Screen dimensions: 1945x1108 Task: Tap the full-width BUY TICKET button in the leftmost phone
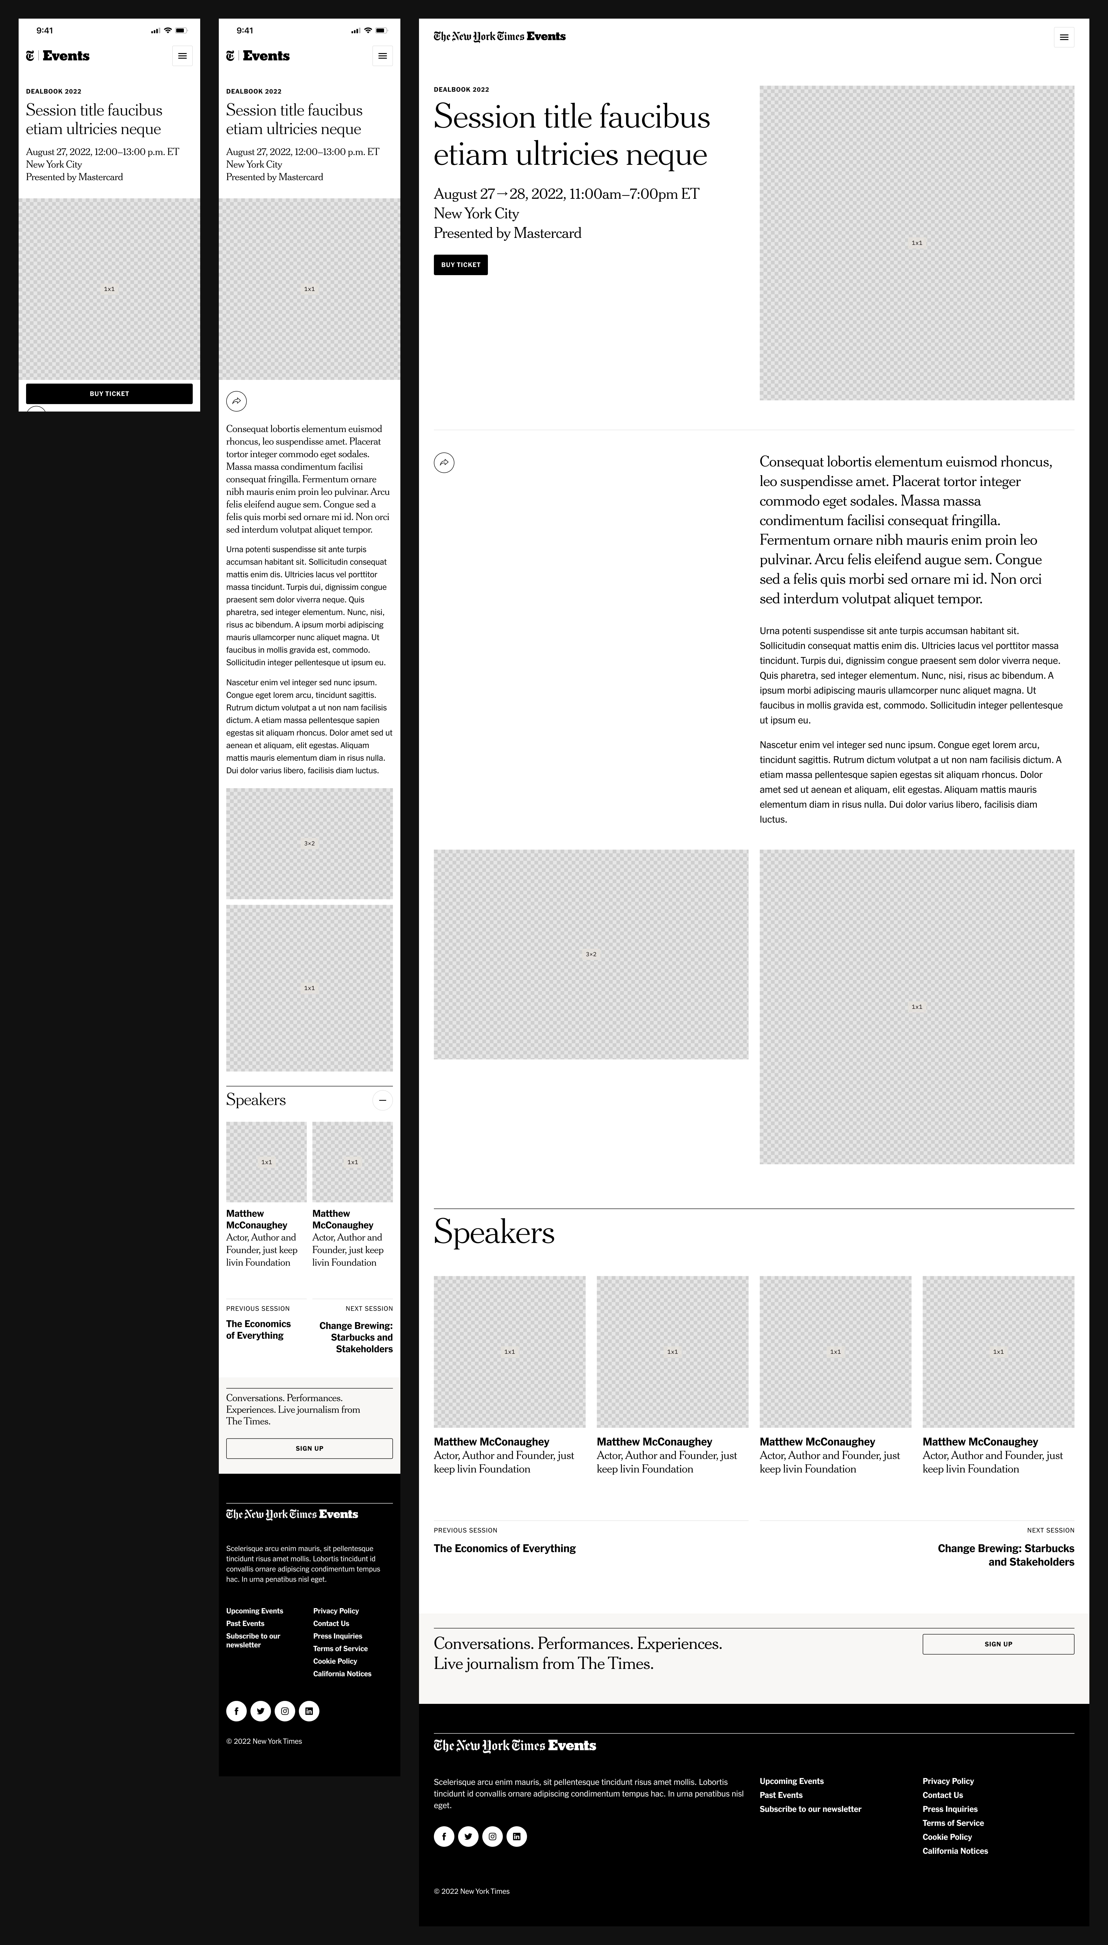click(109, 393)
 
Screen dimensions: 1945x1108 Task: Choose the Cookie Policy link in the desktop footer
click(947, 1837)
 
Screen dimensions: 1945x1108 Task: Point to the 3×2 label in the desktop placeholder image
click(591, 954)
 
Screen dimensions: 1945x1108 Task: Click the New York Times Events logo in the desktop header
click(499, 37)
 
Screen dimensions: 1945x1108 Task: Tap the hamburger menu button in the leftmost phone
click(182, 56)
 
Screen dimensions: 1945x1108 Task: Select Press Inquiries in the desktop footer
click(950, 1809)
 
